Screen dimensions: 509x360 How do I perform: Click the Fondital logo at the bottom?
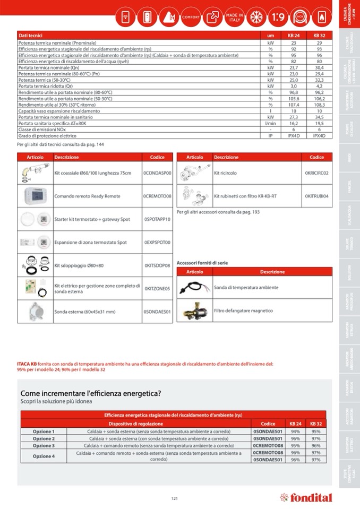click(x=306, y=498)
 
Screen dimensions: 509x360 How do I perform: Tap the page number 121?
click(x=174, y=498)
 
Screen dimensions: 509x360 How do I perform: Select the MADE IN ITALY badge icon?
click(x=235, y=16)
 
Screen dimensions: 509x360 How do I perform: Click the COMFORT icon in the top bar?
click(x=191, y=17)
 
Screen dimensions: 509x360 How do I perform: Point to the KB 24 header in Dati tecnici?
click(x=294, y=35)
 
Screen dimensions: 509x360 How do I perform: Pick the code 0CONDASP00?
click(x=157, y=173)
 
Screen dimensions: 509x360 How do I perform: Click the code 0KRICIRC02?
click(x=316, y=173)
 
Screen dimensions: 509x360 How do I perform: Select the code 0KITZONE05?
click(x=157, y=289)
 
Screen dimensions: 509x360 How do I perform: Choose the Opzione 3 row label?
click(x=44, y=446)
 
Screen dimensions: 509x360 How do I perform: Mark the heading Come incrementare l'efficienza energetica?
click(x=90, y=393)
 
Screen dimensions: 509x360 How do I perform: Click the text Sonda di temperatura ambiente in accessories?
click(x=246, y=288)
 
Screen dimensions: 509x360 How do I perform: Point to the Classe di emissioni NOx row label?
click(x=42, y=130)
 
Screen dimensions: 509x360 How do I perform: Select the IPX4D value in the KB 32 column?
click(x=319, y=136)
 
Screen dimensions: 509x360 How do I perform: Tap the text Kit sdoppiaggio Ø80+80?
click(x=79, y=265)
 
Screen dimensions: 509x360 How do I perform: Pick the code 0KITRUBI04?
click(x=316, y=196)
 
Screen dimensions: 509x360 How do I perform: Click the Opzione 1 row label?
click(x=44, y=432)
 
